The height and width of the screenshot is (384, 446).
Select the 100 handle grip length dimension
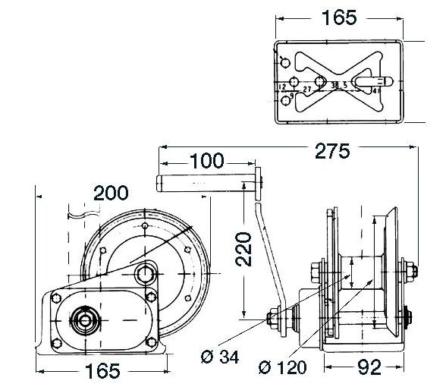coord(206,161)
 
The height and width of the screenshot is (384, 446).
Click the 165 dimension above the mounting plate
coord(338,16)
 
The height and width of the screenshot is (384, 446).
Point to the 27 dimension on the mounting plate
coord(307,90)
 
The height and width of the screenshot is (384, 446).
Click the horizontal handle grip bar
coord(205,182)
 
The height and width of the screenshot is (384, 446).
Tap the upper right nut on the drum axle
coord(404,268)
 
